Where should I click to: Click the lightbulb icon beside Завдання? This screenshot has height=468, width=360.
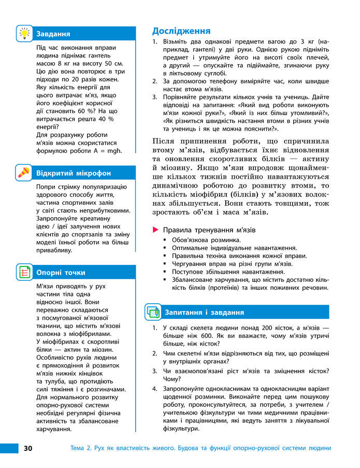click(x=24, y=33)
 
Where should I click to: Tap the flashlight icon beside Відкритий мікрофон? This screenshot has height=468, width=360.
click(x=24, y=172)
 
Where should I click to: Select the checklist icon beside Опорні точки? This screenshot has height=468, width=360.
click(x=24, y=272)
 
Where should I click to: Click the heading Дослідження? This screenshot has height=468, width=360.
click(x=181, y=31)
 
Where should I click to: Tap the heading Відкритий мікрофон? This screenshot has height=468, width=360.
click(x=73, y=173)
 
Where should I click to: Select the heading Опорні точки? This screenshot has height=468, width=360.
click(x=61, y=273)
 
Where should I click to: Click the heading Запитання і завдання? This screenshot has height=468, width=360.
click(x=204, y=313)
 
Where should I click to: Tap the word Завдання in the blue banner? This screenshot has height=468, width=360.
click(x=53, y=34)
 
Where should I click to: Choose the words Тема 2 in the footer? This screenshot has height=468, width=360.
click(x=81, y=448)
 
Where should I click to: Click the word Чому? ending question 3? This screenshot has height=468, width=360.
click(x=172, y=378)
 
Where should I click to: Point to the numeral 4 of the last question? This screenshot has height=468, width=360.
click(x=154, y=389)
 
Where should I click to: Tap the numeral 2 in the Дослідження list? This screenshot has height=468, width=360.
click(x=154, y=81)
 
